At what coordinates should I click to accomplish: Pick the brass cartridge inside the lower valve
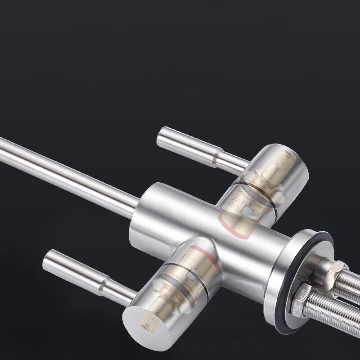[171, 283]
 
